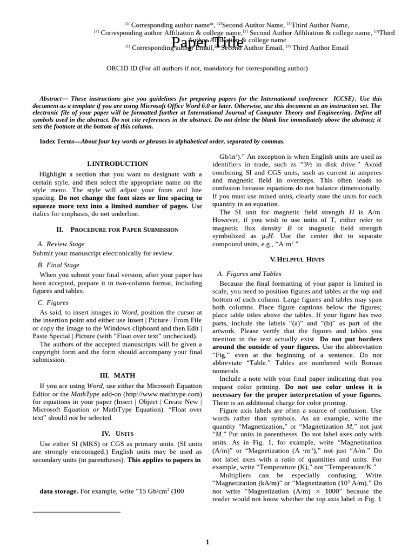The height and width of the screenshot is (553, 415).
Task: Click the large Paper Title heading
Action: tap(207, 42)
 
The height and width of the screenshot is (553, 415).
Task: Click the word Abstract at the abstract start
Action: tap(51, 99)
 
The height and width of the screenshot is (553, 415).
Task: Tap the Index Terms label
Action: tap(59, 141)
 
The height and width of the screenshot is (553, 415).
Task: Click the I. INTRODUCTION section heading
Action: tap(117, 164)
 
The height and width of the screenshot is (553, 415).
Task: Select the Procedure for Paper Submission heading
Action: tap(117, 230)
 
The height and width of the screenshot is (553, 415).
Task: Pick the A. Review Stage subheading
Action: tap(61, 244)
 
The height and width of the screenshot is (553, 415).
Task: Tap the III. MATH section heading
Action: tap(117, 375)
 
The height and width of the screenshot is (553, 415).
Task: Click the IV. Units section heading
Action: tap(117, 433)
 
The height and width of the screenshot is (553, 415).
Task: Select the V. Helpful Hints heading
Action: tap(297, 259)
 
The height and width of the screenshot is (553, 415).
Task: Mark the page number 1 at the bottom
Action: tap(207, 542)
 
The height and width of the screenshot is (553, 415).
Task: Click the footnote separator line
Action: tap(76, 511)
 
